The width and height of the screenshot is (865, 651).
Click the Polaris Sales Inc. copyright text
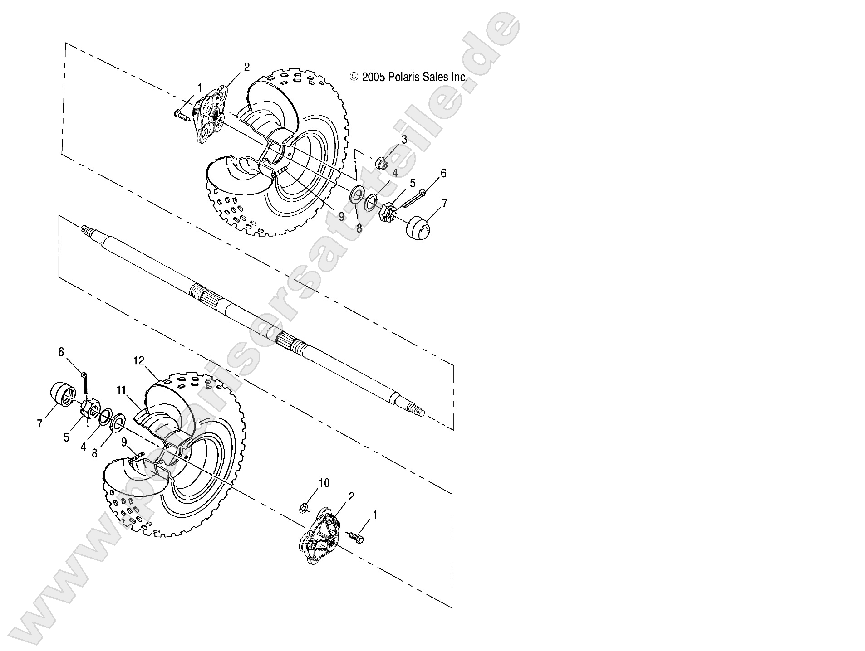(408, 77)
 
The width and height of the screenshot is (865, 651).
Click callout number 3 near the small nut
(403, 140)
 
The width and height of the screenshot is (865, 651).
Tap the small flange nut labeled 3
(382, 163)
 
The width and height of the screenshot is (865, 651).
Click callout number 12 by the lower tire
(138, 360)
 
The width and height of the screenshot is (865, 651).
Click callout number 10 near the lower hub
(324, 483)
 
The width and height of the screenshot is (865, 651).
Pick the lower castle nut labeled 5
(90, 408)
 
